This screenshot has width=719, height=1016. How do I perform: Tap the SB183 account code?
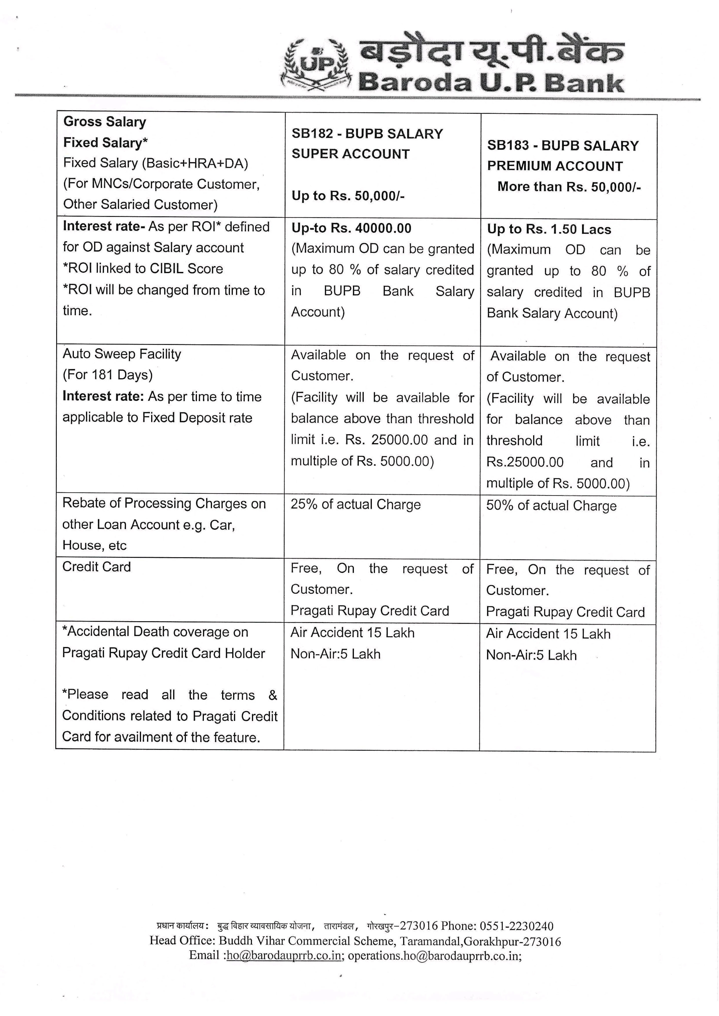(508, 146)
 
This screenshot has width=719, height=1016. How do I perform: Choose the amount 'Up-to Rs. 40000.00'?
(351, 228)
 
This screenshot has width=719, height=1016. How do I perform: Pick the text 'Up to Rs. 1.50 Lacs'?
(549, 229)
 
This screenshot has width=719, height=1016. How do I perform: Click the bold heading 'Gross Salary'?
(104, 122)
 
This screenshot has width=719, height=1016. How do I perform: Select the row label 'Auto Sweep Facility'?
(122, 354)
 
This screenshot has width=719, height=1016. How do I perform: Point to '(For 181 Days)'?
(108, 375)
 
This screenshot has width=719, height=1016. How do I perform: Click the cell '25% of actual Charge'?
(356, 505)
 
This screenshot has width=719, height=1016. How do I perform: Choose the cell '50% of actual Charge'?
(551, 505)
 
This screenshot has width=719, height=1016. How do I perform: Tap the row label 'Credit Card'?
(97, 567)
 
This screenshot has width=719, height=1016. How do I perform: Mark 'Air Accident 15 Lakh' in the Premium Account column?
(548, 634)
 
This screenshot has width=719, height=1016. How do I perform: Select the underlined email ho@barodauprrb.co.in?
(284, 955)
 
